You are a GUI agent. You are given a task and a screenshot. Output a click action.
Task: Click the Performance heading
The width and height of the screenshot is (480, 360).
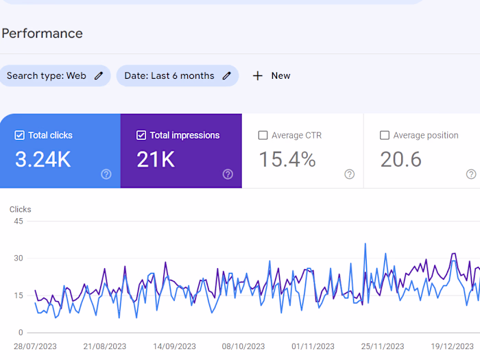click(42, 34)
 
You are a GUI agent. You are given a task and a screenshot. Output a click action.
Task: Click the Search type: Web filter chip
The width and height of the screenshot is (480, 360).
click(47, 76)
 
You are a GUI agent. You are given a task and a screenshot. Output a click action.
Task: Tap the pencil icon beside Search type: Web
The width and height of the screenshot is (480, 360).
click(99, 76)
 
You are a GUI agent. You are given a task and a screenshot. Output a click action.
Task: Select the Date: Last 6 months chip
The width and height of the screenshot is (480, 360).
click(169, 76)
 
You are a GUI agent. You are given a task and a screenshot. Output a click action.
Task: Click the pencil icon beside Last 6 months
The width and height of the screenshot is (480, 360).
click(227, 76)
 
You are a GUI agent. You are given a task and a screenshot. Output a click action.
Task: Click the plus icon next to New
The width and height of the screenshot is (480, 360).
click(258, 76)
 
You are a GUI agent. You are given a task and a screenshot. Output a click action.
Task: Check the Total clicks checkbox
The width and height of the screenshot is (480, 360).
click(19, 136)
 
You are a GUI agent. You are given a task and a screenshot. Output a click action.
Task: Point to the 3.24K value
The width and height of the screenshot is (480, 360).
click(43, 160)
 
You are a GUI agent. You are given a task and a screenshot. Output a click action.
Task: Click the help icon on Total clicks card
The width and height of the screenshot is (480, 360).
click(106, 174)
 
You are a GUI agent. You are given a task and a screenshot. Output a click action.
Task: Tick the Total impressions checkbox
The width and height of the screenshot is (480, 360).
click(141, 136)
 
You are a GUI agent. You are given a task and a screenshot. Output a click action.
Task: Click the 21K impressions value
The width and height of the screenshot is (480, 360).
click(156, 160)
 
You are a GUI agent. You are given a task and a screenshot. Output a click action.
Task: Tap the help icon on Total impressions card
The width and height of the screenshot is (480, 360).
click(228, 174)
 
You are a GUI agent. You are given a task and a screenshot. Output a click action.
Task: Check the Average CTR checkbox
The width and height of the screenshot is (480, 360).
click(263, 136)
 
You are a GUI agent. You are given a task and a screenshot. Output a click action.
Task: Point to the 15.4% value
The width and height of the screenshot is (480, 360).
click(287, 160)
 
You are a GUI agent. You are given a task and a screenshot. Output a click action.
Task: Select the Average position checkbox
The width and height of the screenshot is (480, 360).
click(385, 136)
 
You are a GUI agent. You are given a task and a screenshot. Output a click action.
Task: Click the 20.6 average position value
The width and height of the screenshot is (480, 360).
click(400, 160)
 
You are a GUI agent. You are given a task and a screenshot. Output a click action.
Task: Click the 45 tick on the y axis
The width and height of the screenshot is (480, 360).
click(19, 221)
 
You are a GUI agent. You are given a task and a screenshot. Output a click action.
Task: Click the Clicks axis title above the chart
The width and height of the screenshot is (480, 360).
click(20, 210)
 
